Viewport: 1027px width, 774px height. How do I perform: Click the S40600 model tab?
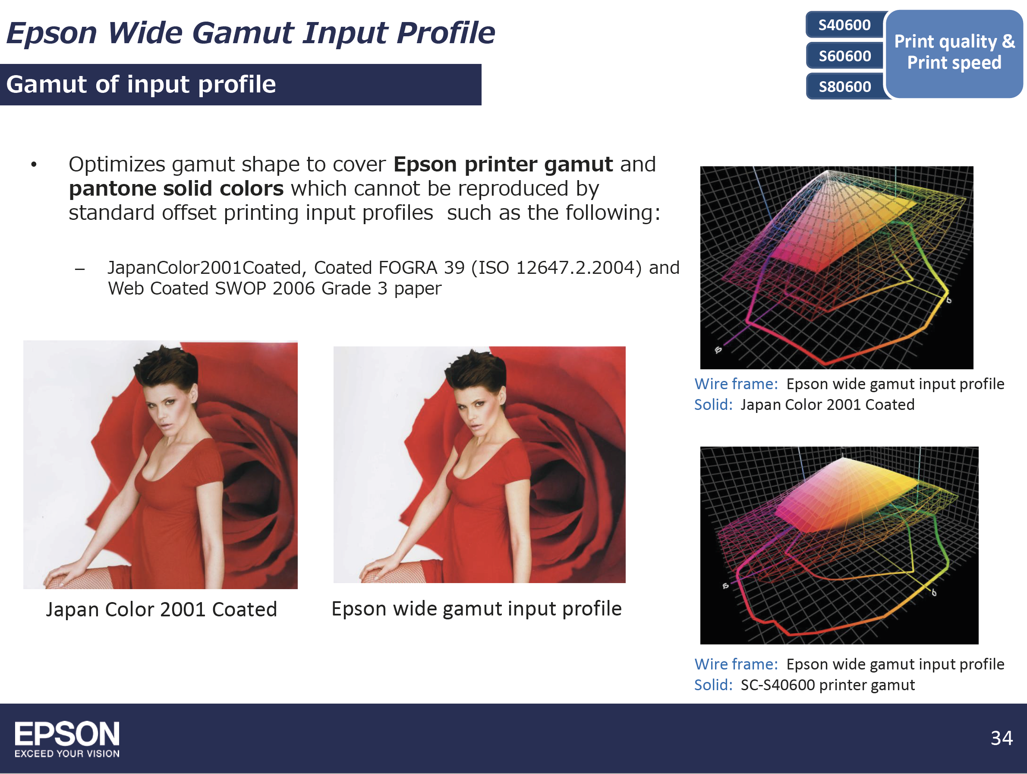click(844, 25)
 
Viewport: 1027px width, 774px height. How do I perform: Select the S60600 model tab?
click(844, 56)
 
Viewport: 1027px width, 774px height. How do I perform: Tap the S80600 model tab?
click(844, 86)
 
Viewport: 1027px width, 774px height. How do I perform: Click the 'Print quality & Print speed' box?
click(954, 53)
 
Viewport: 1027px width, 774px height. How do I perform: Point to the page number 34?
click(1002, 738)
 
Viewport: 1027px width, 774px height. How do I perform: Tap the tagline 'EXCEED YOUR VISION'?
click(67, 754)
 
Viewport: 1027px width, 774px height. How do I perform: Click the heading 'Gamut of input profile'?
click(141, 84)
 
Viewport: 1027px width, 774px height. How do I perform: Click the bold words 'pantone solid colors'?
click(176, 189)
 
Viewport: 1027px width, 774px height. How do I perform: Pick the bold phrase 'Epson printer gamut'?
click(503, 165)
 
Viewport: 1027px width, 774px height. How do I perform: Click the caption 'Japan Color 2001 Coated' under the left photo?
click(161, 609)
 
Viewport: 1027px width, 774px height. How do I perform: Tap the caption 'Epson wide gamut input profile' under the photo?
click(476, 609)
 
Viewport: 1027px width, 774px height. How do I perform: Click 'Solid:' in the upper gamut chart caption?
click(713, 405)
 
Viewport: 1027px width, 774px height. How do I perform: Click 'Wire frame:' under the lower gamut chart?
click(736, 664)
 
